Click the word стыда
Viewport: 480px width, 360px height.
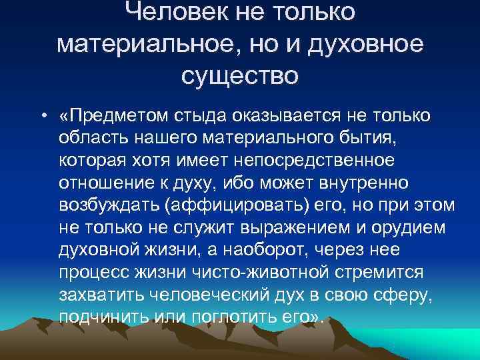coord(208,117)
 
